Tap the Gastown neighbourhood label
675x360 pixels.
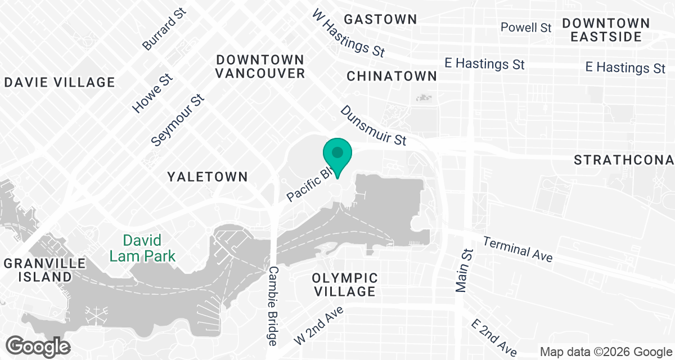(380, 19)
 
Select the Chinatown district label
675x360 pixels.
(391, 76)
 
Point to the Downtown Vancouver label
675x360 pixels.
(260, 66)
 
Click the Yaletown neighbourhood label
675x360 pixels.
(208, 177)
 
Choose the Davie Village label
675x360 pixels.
(59, 83)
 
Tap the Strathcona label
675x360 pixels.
(623, 160)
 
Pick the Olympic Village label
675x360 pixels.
(345, 285)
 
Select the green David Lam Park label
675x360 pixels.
(135, 249)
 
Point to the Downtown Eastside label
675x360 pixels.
(606, 30)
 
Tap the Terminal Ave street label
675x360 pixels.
(517, 248)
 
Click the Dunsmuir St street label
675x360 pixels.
(373, 125)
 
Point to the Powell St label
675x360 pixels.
(526, 27)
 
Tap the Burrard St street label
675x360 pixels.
(164, 30)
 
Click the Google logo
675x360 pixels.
(39, 345)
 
